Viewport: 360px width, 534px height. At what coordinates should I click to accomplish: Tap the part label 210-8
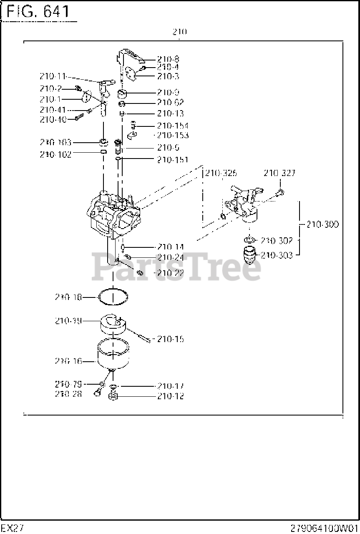168,59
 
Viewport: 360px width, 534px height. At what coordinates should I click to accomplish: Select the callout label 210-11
53,76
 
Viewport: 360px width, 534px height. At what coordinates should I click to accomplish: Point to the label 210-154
172,126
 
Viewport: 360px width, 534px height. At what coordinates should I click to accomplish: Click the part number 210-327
279,173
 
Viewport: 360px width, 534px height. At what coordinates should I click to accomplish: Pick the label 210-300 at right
322,224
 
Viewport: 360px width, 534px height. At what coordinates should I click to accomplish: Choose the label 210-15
170,339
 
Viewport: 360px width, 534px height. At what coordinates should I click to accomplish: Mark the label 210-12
170,396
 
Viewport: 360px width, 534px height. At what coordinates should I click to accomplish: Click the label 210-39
68,321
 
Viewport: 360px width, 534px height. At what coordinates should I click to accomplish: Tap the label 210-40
53,119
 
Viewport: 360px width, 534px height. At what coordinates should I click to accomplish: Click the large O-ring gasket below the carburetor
113,297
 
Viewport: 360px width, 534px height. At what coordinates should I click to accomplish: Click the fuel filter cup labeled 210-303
249,255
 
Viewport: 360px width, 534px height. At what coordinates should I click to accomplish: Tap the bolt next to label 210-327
280,192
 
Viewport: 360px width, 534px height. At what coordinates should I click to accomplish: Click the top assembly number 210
179,32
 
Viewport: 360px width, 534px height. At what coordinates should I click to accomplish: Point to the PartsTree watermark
177,267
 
